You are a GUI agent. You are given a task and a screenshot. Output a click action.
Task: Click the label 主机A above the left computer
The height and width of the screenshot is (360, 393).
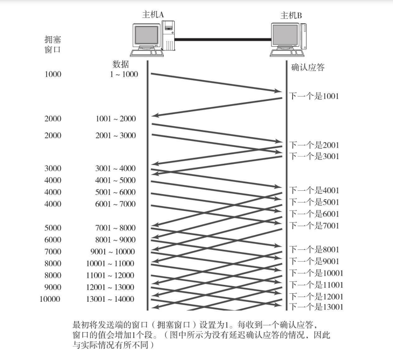click(x=152, y=14)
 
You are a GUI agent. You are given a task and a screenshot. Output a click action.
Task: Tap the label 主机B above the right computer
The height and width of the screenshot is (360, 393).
click(x=291, y=16)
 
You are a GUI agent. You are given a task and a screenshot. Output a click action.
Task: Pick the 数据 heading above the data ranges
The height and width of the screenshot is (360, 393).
click(x=121, y=65)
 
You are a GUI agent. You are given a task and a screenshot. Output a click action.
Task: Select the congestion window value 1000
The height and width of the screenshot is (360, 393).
click(x=53, y=74)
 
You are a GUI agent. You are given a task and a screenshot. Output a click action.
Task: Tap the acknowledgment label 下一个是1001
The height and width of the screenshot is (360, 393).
click(x=314, y=96)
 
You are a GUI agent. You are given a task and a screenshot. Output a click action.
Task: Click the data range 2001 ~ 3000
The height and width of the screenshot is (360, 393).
click(x=116, y=135)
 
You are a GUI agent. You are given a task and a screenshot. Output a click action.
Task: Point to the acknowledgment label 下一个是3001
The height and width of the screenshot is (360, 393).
click(x=314, y=157)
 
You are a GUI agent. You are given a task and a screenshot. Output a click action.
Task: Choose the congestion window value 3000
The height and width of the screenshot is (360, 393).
click(x=53, y=168)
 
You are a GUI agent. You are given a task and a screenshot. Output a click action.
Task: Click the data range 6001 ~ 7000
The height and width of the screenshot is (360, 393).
click(x=116, y=204)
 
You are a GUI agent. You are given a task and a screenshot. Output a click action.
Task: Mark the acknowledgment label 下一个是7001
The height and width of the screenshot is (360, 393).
click(x=314, y=226)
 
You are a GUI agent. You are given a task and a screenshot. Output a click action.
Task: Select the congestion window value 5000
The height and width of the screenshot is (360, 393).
click(x=53, y=228)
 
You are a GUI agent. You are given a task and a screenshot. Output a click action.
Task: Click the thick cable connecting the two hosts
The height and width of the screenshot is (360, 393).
click(x=223, y=40)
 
